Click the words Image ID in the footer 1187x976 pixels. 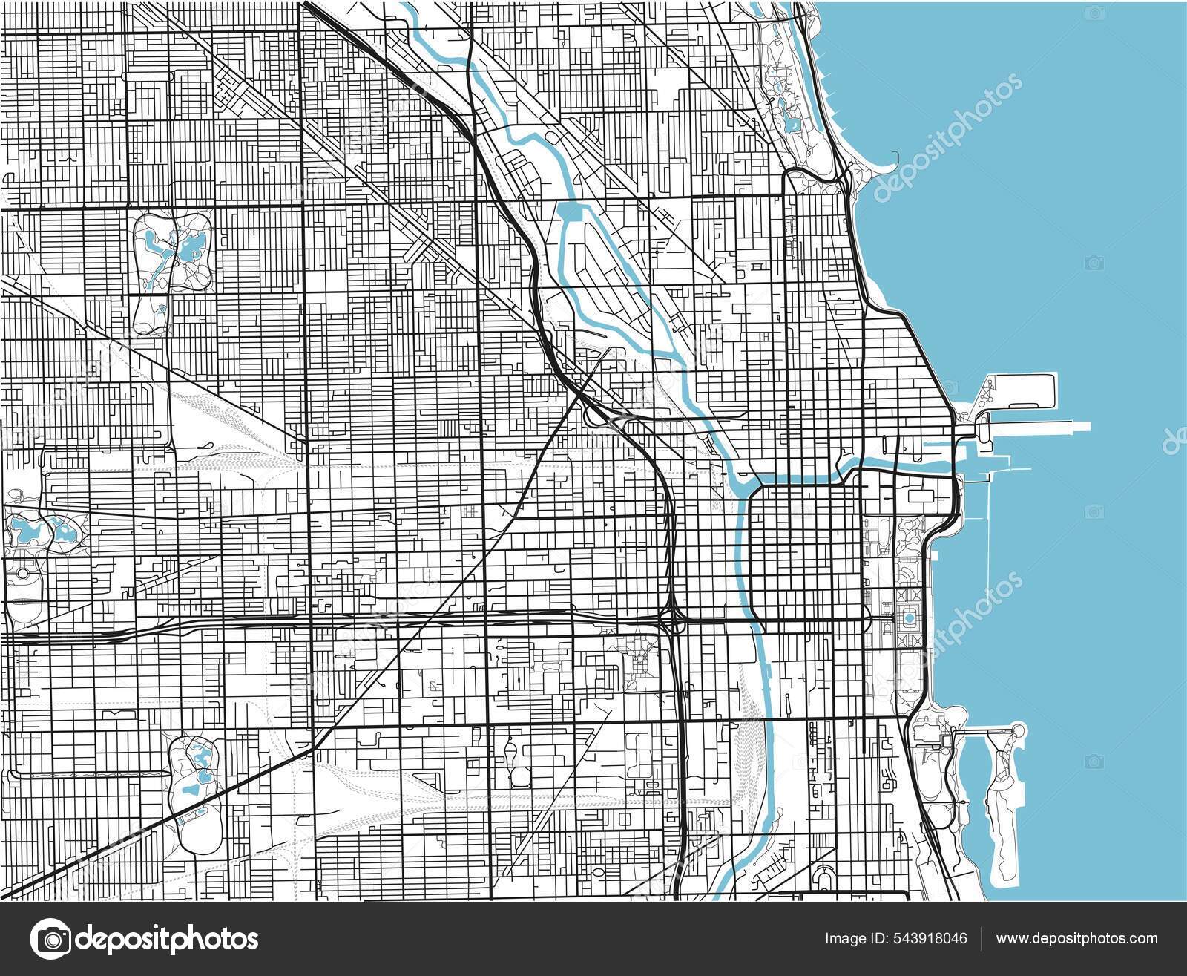[x=853, y=939]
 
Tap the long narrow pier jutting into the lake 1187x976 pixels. [x=1039, y=428]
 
